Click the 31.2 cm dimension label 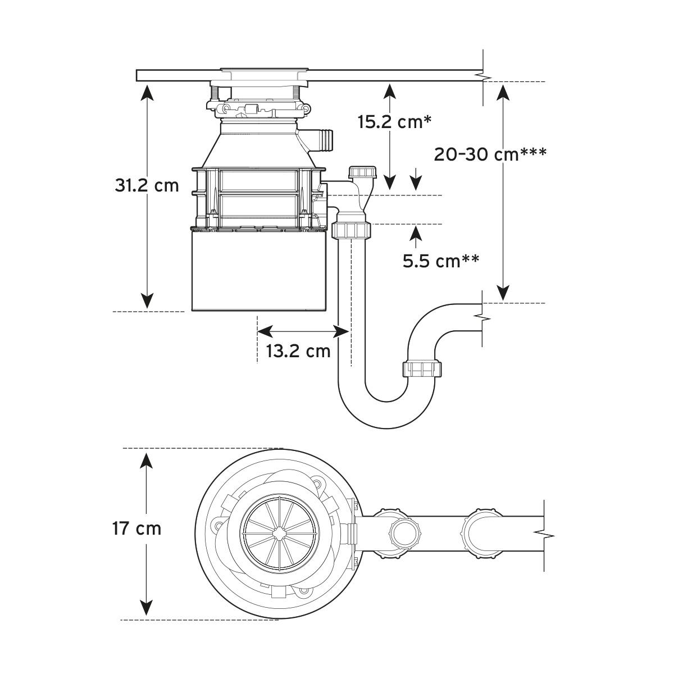[147, 185]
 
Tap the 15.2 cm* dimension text [394, 121]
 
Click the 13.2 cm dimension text [298, 351]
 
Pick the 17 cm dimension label [136, 529]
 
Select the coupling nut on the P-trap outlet [422, 369]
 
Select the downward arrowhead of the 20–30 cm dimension [503, 293]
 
